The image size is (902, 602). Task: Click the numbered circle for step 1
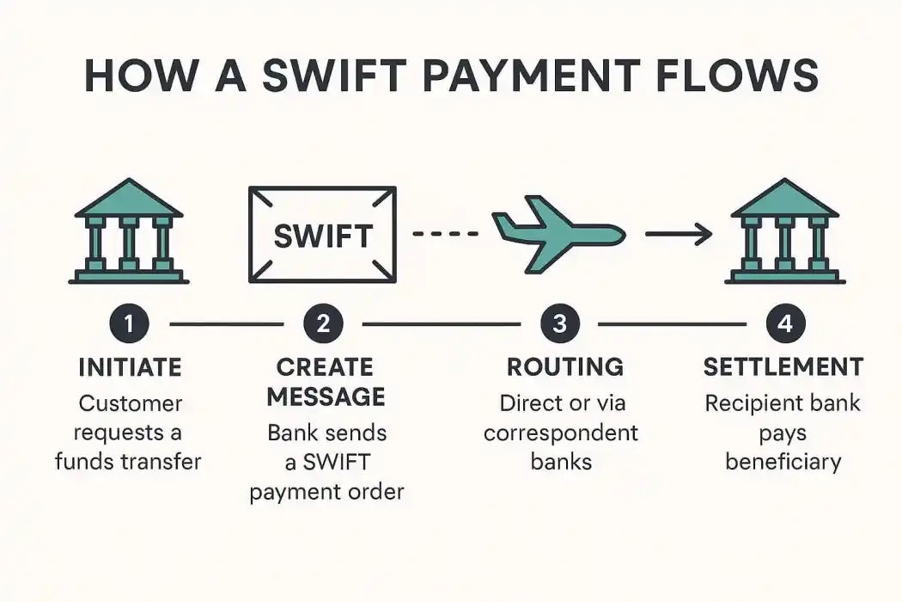[x=130, y=324]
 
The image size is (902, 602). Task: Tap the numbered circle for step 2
[x=323, y=324]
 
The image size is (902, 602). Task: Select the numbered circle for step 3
[x=560, y=324]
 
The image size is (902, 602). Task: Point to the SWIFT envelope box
[x=322, y=234]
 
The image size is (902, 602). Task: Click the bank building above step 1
[x=129, y=231]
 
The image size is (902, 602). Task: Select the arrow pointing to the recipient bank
[x=679, y=233]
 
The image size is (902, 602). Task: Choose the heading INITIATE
[x=130, y=367]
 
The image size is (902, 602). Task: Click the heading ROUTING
[x=564, y=367]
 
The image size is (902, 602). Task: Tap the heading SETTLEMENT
[x=783, y=367]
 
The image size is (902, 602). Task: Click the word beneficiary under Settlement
[x=783, y=461]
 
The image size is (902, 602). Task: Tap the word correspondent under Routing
[x=561, y=432]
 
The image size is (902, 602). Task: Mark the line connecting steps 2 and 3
[x=442, y=324]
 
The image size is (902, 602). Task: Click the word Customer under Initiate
[x=131, y=402]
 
